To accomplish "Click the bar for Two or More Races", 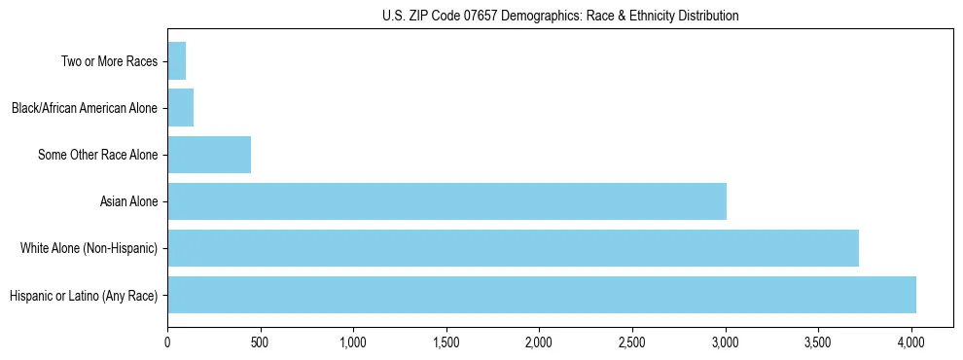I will [176, 61].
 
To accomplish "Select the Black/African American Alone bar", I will [180, 108].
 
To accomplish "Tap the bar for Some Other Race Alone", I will [209, 155].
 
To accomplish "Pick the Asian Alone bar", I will [446, 201].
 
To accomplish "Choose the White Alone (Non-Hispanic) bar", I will [513, 248].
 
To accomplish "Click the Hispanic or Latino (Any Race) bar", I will [542, 295].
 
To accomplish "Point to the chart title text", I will [560, 16].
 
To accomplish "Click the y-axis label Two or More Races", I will [109, 62].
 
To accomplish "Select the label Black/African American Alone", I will [85, 108].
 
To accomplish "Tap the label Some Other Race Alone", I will [97, 155].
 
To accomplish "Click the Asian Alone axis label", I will [128, 201].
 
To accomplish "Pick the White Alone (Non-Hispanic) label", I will [89, 248].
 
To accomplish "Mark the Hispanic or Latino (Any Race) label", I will [83, 295].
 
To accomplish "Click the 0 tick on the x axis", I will [167, 342].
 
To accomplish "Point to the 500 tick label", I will [261, 342].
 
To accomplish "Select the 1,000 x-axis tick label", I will [353, 342].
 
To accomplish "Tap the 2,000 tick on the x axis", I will [539, 342].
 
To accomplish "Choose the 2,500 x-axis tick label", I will [632, 342].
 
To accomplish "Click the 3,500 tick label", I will [818, 342].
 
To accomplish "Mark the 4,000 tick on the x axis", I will [910, 342].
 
